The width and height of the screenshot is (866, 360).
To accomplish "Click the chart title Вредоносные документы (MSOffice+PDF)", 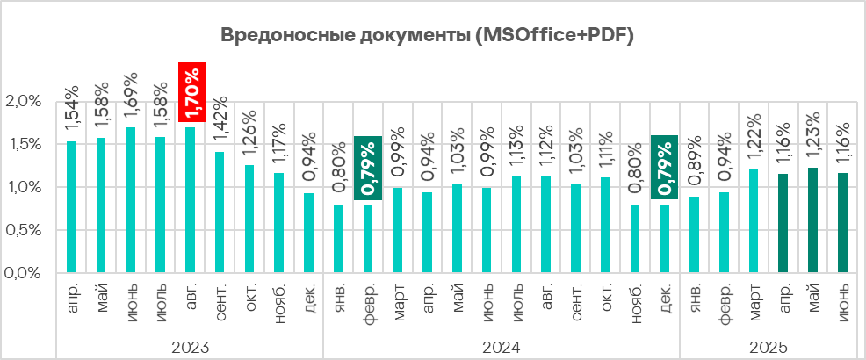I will coord(426,36).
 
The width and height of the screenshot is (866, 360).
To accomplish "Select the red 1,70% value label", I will coord(191,92).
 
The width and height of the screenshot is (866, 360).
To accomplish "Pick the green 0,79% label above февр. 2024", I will coord(368,168).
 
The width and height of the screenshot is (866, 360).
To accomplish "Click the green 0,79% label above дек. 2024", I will coord(665,168).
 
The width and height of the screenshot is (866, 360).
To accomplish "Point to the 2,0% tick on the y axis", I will coord(25,101).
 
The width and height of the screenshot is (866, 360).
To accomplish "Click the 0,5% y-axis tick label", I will coord(25,230).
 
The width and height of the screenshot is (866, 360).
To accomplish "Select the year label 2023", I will coord(191,347).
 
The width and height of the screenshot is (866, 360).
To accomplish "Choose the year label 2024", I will coord(502,347).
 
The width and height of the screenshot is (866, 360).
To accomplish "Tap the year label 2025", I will coord(769,347).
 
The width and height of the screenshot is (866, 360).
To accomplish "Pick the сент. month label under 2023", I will coord(220,301).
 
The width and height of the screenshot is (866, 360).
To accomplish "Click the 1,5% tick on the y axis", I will coord(25,144).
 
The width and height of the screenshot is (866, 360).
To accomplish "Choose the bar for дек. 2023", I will coord(309,233).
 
